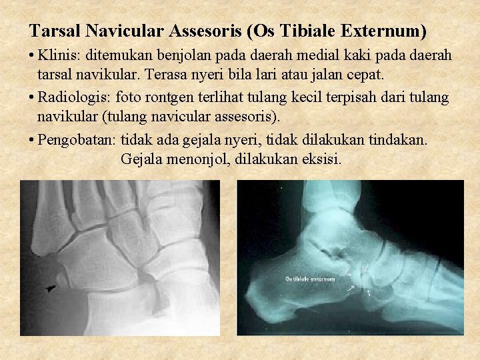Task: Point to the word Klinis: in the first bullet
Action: click(58, 55)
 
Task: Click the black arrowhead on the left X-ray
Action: click(51, 288)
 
